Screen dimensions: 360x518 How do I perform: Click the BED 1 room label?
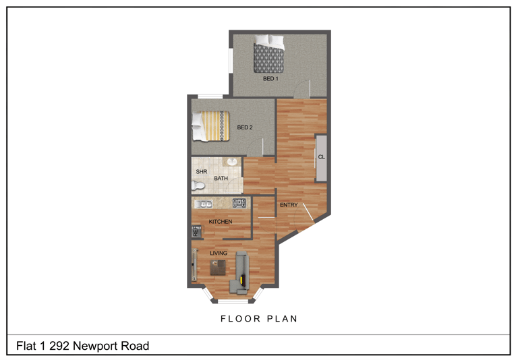(270, 79)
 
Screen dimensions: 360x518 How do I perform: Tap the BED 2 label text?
(245, 127)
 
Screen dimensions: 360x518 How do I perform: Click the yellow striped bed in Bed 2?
(211, 126)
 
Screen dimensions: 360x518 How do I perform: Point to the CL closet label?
(321, 157)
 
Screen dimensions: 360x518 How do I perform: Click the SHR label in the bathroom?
(200, 172)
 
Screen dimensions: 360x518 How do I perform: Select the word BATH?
(221, 179)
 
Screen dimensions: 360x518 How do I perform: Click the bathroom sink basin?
(231, 163)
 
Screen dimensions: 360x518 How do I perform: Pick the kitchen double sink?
(203, 204)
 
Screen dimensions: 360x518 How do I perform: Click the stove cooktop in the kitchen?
(239, 203)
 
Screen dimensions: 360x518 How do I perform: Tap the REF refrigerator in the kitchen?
(196, 232)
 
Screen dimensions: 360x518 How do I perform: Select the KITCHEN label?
(220, 222)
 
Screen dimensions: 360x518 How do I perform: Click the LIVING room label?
(218, 253)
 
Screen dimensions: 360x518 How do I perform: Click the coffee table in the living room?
(218, 268)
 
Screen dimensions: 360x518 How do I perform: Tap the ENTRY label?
(289, 205)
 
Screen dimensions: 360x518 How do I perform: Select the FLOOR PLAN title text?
(259, 318)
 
